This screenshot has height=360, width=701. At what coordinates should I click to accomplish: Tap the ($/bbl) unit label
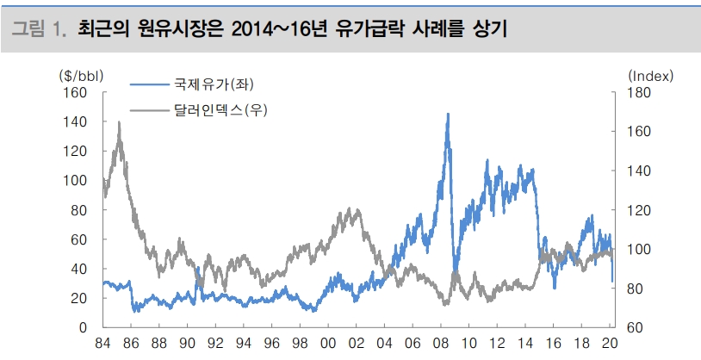click(x=81, y=76)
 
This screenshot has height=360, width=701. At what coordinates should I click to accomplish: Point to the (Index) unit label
click(x=650, y=76)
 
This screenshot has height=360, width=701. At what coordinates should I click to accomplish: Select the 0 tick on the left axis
click(x=84, y=328)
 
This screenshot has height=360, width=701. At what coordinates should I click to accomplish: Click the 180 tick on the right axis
click(x=635, y=92)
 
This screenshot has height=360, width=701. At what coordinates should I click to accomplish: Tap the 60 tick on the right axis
click(x=631, y=328)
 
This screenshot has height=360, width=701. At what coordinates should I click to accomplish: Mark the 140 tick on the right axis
click(x=635, y=171)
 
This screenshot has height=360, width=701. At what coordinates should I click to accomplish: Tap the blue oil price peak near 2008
click(x=448, y=115)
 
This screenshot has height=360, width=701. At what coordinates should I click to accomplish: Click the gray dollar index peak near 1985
click(x=118, y=123)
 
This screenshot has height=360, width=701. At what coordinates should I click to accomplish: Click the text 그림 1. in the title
click(x=39, y=30)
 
